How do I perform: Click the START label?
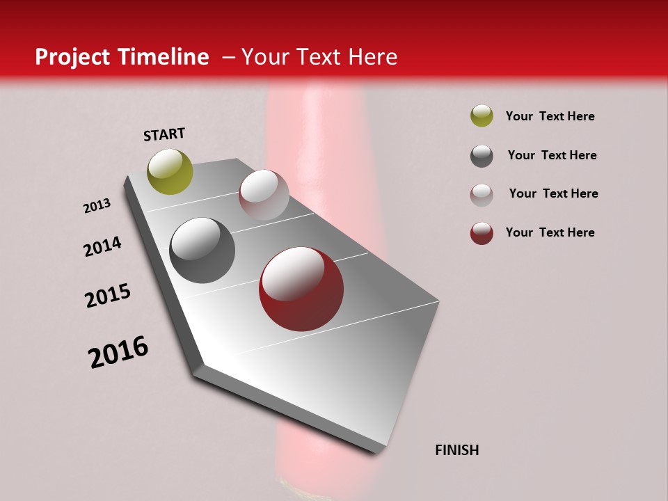click(164, 134)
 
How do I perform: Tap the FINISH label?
click(456, 450)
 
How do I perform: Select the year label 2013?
click(97, 206)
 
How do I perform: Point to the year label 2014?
click(102, 247)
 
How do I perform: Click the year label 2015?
click(108, 296)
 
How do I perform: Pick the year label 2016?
click(118, 351)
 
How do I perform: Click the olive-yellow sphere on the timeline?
click(170, 171)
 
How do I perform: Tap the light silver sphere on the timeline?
click(264, 195)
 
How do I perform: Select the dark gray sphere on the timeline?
click(202, 250)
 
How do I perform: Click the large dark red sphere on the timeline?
click(301, 289)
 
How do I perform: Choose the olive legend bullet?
click(482, 116)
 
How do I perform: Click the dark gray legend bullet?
click(482, 156)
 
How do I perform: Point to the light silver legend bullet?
click(482, 195)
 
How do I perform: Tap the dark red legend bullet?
click(482, 233)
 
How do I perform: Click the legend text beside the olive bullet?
click(550, 116)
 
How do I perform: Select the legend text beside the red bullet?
click(550, 232)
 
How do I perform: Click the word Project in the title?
click(73, 57)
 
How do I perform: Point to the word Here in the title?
click(372, 57)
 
